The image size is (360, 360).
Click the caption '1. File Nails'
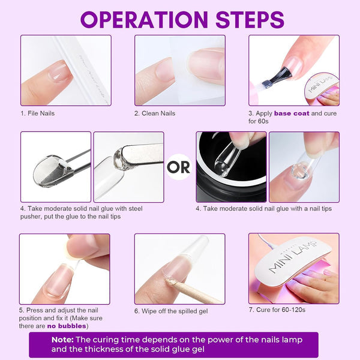(x=37, y=113)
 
